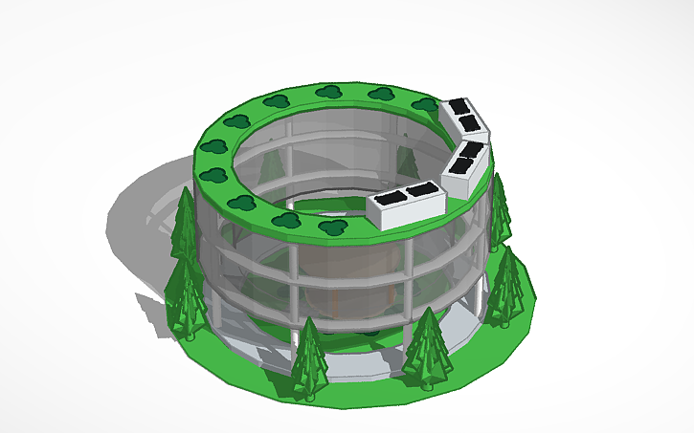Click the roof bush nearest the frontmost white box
tap(333, 227)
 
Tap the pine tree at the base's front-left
tap(309, 358)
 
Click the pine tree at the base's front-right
tap(427, 349)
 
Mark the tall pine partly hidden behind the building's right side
tap(500, 210)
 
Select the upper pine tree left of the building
tap(185, 225)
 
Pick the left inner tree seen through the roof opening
tap(272, 162)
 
